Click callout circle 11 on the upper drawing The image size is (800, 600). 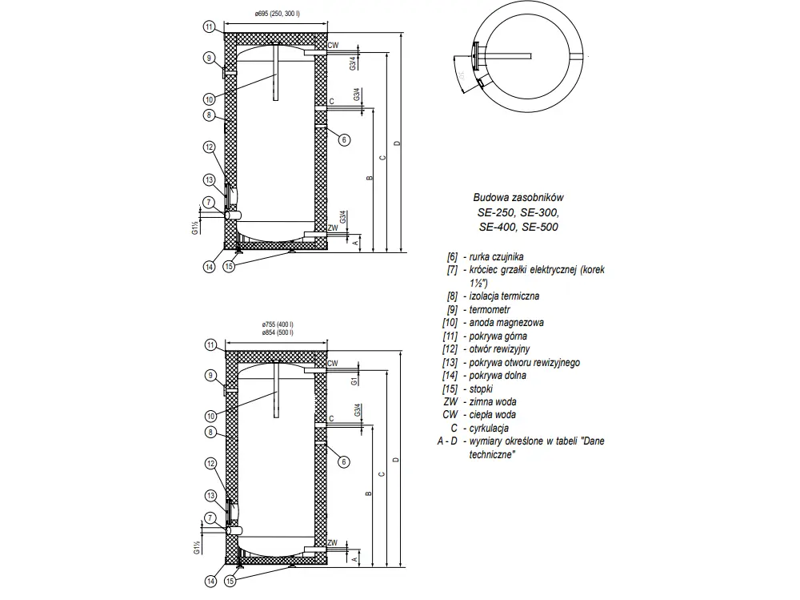click(x=208, y=27)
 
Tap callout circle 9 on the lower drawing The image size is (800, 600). click(x=210, y=374)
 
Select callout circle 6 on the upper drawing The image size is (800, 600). click(x=344, y=139)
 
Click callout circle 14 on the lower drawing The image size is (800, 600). click(x=210, y=581)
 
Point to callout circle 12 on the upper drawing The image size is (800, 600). click(x=210, y=147)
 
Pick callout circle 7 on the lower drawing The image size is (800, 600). click(x=208, y=519)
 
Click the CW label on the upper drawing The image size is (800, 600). click(x=333, y=46)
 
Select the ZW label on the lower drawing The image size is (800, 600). click(x=332, y=542)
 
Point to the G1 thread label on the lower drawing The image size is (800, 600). click(x=353, y=382)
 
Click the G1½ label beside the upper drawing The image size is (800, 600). click(x=194, y=230)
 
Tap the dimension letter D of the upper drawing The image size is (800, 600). click(x=398, y=143)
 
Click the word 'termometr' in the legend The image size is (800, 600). click(x=490, y=309)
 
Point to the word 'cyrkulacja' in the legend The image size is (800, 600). click(x=490, y=428)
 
